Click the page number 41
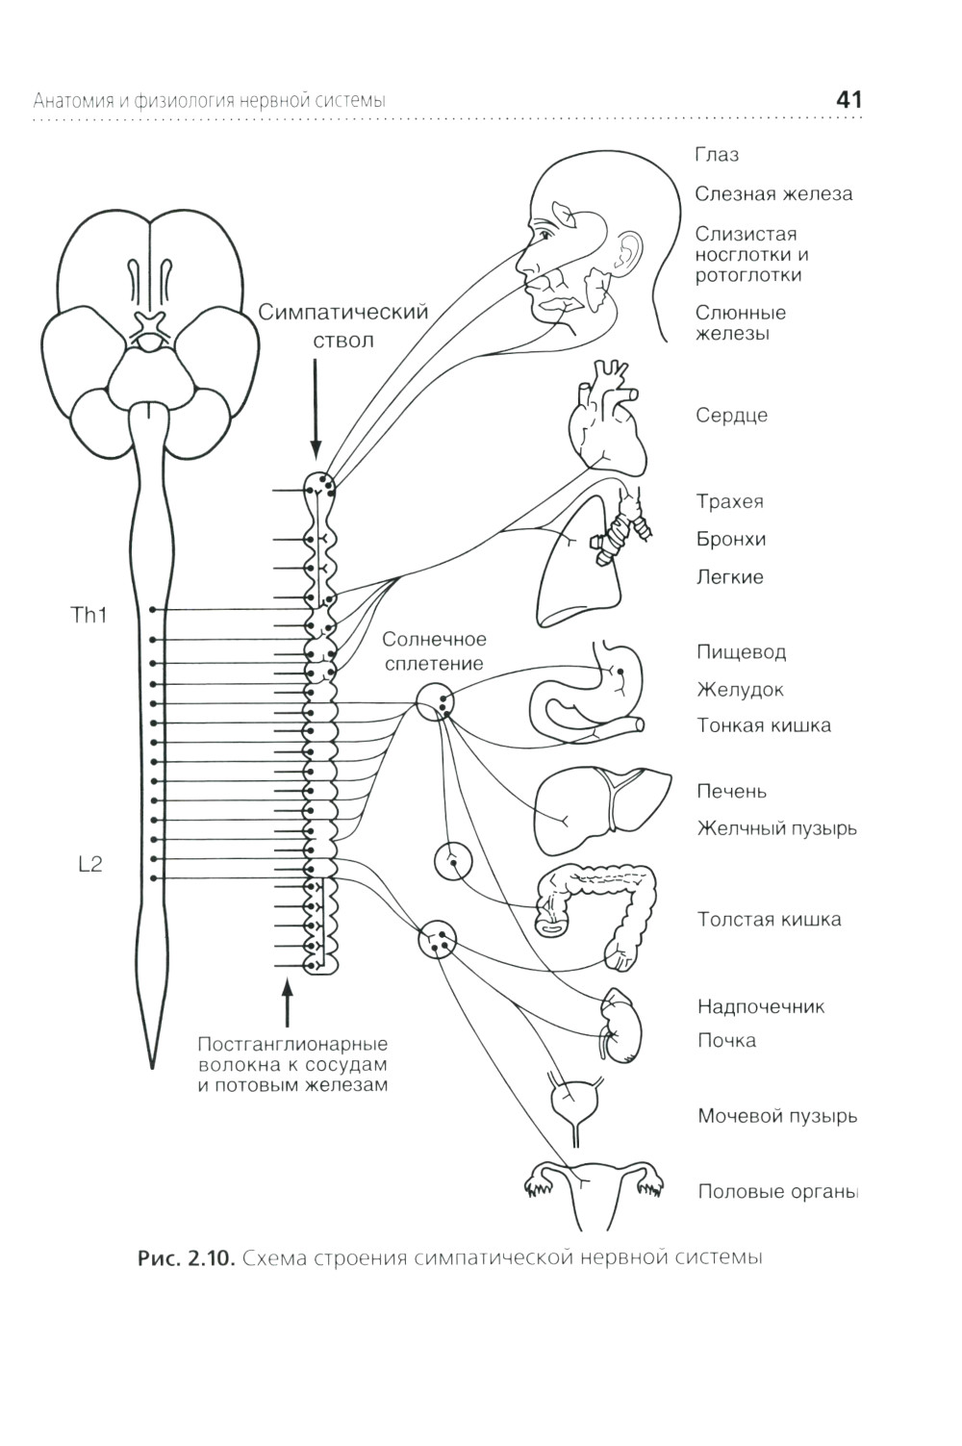point(848,100)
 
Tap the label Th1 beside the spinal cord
point(89,616)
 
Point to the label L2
point(89,864)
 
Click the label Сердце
point(731,416)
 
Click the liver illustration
point(600,808)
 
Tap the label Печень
point(731,791)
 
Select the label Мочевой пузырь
point(777,1116)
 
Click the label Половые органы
point(777,1191)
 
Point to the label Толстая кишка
point(769,919)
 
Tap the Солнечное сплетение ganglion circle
point(436,701)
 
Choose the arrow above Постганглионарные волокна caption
point(286,1005)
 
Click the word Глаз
point(717,155)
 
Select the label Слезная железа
point(773,193)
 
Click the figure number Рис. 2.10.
point(187,1258)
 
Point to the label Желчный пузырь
point(776,827)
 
